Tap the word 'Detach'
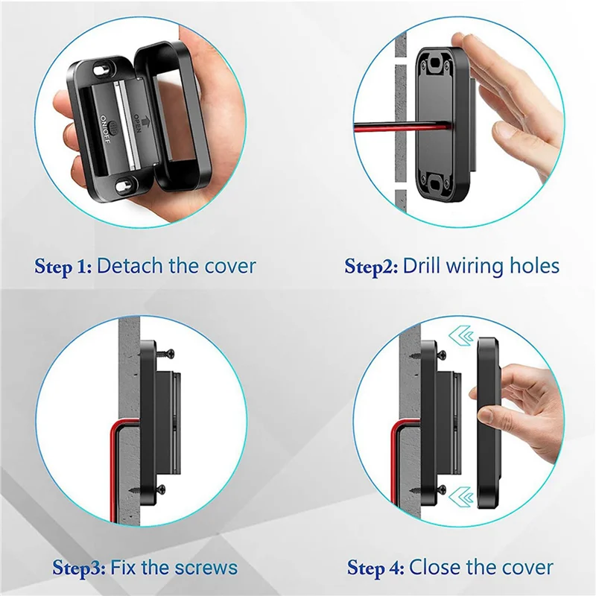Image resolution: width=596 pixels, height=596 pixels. pos(130,266)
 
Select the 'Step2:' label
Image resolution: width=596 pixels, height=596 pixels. pos(371,266)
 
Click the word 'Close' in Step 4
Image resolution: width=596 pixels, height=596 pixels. pos(434,568)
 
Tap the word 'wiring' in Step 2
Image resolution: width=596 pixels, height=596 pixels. pos(481,266)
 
